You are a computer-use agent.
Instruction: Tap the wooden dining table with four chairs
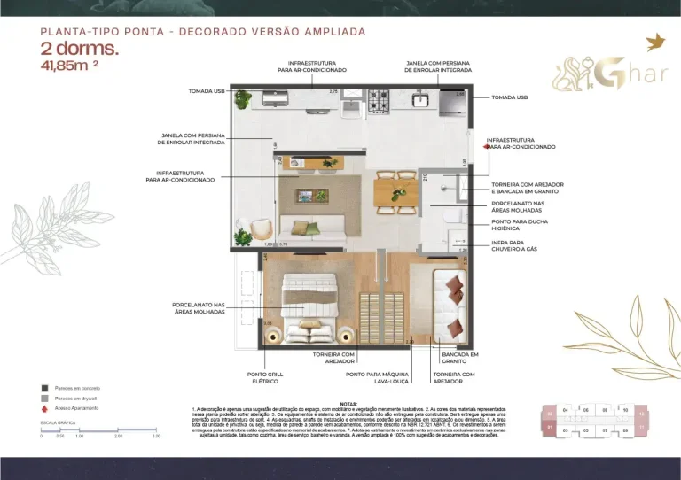click(395, 191)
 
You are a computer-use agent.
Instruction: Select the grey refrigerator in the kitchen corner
click(450, 104)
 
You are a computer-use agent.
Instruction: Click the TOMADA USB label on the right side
click(509, 97)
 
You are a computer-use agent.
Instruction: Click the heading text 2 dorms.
click(78, 50)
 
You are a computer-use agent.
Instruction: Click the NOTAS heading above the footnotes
click(348, 402)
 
